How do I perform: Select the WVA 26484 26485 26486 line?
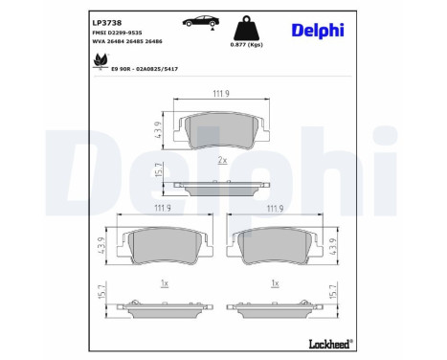click(x=129, y=41)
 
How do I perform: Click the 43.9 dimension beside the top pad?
click(x=159, y=129)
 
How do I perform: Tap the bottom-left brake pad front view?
click(x=165, y=246)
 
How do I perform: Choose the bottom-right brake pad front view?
click(x=275, y=246)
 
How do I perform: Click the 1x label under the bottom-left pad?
click(x=165, y=283)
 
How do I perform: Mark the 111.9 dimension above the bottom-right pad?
click(x=275, y=208)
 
